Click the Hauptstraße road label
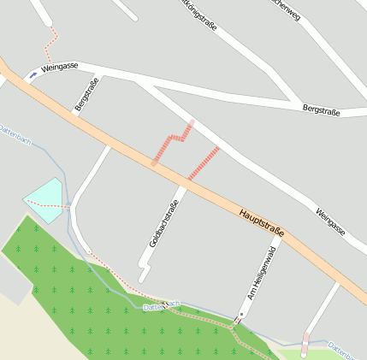tap(262, 224)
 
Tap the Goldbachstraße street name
tap(163, 224)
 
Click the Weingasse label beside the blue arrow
tap(59, 68)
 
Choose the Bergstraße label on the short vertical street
tap(87, 94)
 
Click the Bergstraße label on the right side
tap(322, 109)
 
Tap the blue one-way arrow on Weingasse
tap(33, 75)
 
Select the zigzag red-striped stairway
tap(171, 143)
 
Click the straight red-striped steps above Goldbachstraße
tap(203, 162)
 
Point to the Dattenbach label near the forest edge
tap(163, 304)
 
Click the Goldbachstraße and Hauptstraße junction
tap(182, 183)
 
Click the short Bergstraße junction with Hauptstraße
tap(75, 116)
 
